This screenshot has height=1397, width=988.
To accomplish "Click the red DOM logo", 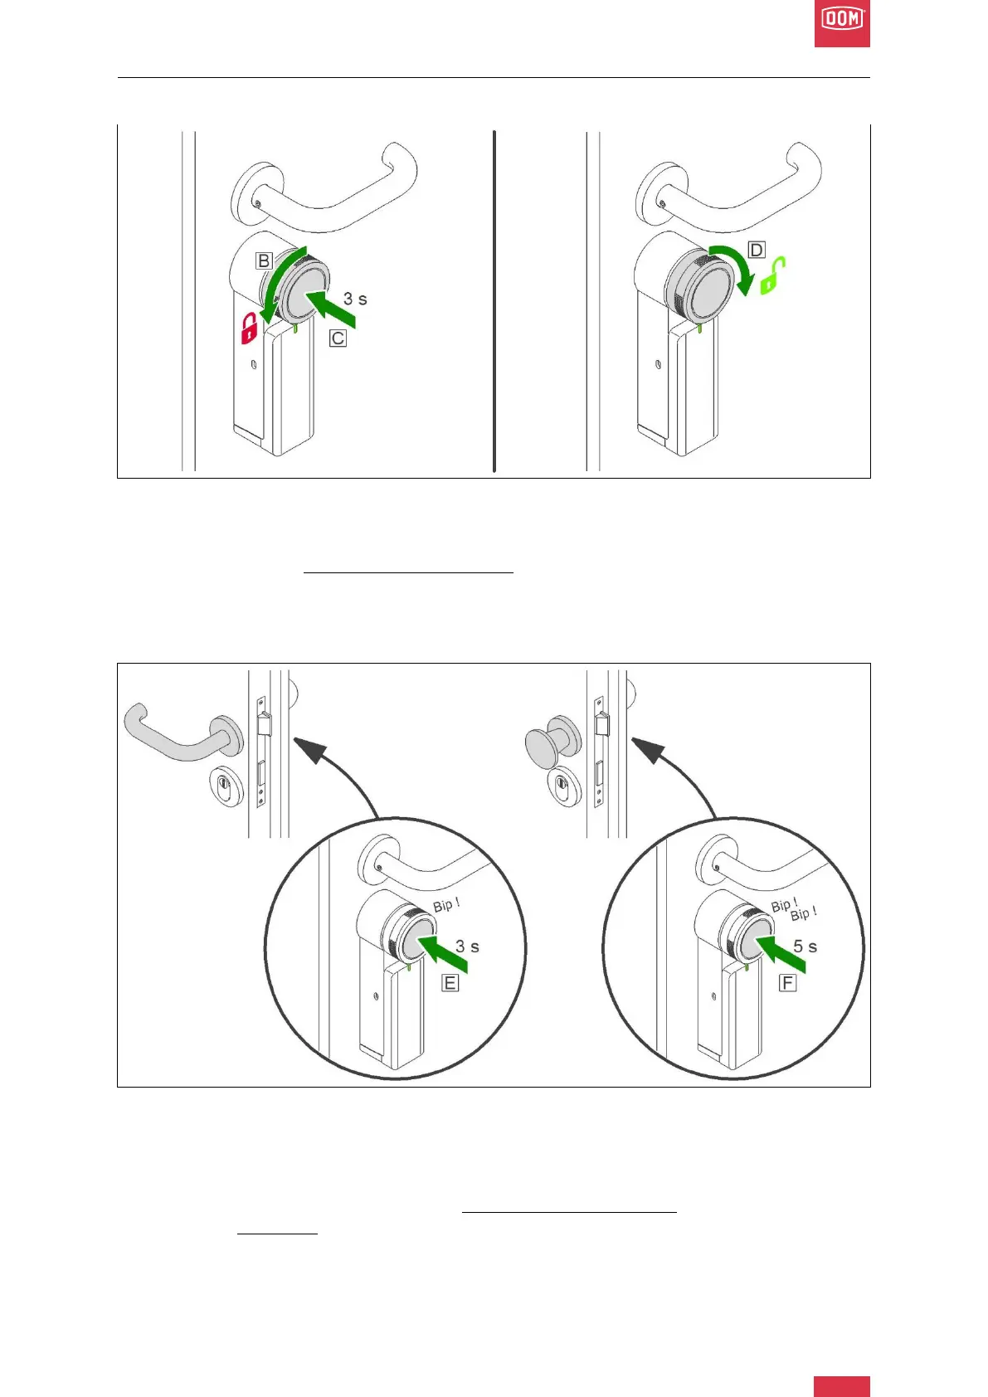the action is coord(841,23).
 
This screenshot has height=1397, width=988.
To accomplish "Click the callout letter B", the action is coord(263,260).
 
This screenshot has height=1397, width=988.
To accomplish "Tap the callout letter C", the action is coord(338,338).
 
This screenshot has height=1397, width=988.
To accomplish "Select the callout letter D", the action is coord(757,250).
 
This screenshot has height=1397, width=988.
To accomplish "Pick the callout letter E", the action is coord(450,983).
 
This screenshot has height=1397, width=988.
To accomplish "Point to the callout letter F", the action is coord(787,983).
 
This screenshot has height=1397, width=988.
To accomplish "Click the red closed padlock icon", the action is coord(249,329).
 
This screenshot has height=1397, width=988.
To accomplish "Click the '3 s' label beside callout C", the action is coord(355,299).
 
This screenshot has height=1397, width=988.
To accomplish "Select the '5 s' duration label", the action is coord(805,947).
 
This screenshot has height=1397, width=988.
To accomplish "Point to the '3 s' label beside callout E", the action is coord(467,947).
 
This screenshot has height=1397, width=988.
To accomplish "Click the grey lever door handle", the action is coord(178,734).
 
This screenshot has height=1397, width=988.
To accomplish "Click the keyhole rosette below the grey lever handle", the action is coord(225,786).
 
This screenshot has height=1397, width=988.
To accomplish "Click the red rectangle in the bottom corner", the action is coord(841,1385).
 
